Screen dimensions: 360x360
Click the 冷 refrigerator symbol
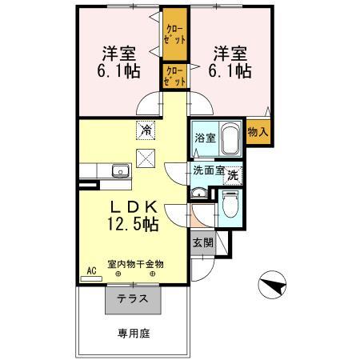146,128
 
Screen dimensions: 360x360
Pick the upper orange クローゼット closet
174,32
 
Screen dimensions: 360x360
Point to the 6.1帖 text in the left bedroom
118,71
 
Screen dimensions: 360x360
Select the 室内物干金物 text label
136,263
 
